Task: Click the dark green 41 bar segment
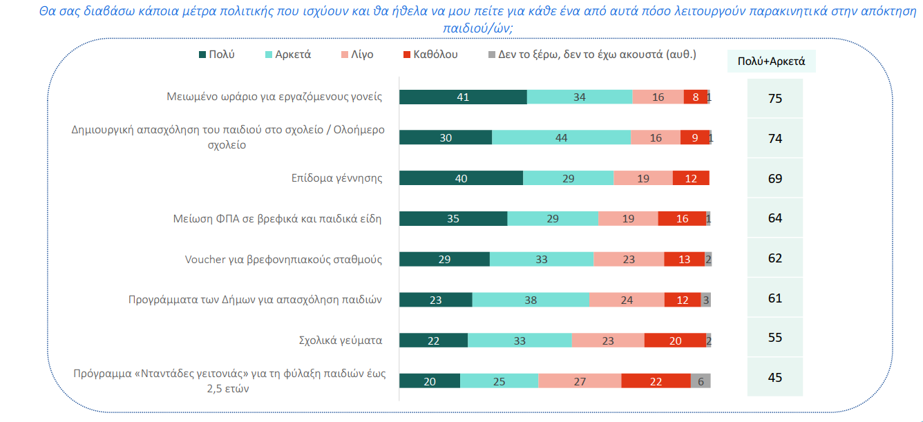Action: [x=463, y=97]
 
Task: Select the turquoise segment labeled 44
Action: [x=561, y=137]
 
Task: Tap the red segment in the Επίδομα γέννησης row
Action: [x=691, y=178]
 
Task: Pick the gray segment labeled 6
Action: [x=701, y=381]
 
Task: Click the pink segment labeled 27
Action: [x=580, y=381]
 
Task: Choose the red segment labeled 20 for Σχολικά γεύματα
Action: [x=675, y=341]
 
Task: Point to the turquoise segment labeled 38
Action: [x=531, y=300]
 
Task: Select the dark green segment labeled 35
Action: [x=453, y=219]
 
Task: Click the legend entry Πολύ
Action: [x=216, y=55]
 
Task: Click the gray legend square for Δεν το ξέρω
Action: [x=492, y=55]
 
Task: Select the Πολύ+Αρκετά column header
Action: [x=771, y=61]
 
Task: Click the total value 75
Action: [x=775, y=99]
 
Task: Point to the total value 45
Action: [x=775, y=378]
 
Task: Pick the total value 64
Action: [x=775, y=218]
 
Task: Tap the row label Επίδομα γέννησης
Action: [x=336, y=178]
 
